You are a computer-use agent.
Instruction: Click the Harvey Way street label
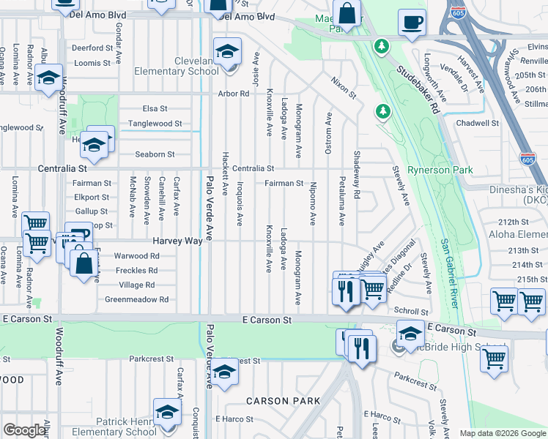point(177,240)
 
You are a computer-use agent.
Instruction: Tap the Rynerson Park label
point(440,170)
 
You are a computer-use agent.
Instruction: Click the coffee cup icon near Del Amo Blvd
point(412,22)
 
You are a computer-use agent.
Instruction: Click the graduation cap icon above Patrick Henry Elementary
point(168,411)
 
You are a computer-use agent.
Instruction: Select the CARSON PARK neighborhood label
point(283,401)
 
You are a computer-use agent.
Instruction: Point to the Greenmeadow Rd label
point(137,299)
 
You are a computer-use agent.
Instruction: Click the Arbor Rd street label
point(234,94)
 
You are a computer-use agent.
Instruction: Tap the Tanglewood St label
point(155,124)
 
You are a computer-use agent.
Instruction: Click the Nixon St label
point(343,88)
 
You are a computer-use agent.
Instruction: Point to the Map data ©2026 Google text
point(502,433)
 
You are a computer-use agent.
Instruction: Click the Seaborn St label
point(155,154)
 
